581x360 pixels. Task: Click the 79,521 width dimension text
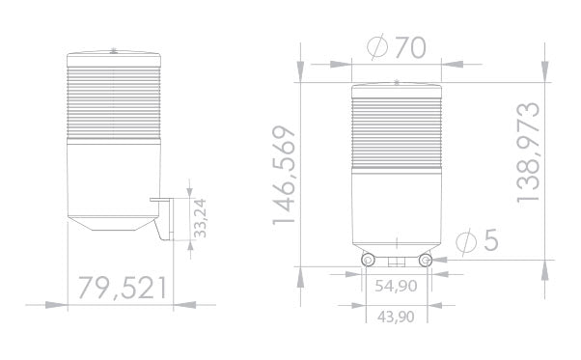click(x=123, y=287)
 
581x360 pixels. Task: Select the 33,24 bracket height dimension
click(x=201, y=219)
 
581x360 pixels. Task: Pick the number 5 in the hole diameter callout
click(x=490, y=240)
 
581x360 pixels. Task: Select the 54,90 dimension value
click(x=396, y=286)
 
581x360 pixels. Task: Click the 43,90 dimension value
click(x=396, y=317)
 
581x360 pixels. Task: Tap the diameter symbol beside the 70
click(x=378, y=48)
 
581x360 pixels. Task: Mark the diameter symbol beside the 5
click(x=464, y=240)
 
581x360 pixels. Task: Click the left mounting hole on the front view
click(x=367, y=261)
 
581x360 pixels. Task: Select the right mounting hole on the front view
click(x=426, y=261)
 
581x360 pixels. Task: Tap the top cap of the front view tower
click(x=396, y=88)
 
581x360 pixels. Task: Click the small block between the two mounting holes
click(x=396, y=261)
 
